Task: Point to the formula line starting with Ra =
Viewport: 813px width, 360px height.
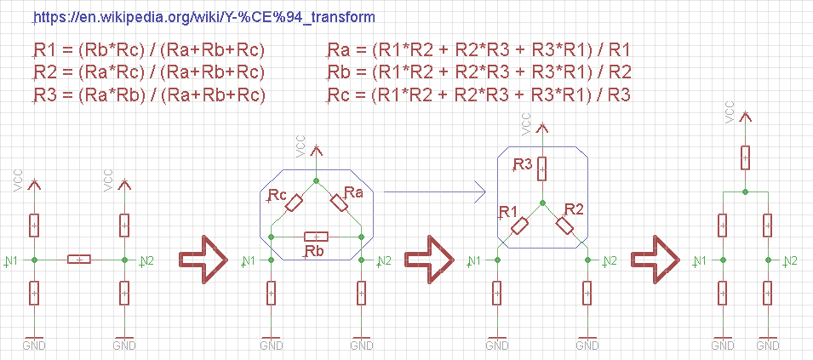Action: point(478,51)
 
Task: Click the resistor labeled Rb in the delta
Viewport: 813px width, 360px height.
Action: point(317,235)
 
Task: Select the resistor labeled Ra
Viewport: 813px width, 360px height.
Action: point(339,203)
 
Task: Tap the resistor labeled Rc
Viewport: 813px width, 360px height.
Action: point(295,203)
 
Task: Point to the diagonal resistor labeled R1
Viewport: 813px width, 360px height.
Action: point(519,225)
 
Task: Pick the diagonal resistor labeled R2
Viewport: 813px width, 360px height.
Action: point(564,225)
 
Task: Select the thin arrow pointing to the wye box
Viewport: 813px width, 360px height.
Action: point(438,192)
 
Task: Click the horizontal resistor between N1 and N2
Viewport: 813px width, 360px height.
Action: point(79,259)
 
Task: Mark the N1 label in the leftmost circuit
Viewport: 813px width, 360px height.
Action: point(11,259)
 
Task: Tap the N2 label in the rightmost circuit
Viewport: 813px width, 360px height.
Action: point(790,260)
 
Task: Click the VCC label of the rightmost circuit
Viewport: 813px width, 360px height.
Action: point(729,113)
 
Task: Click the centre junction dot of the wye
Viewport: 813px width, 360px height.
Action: point(541,203)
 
